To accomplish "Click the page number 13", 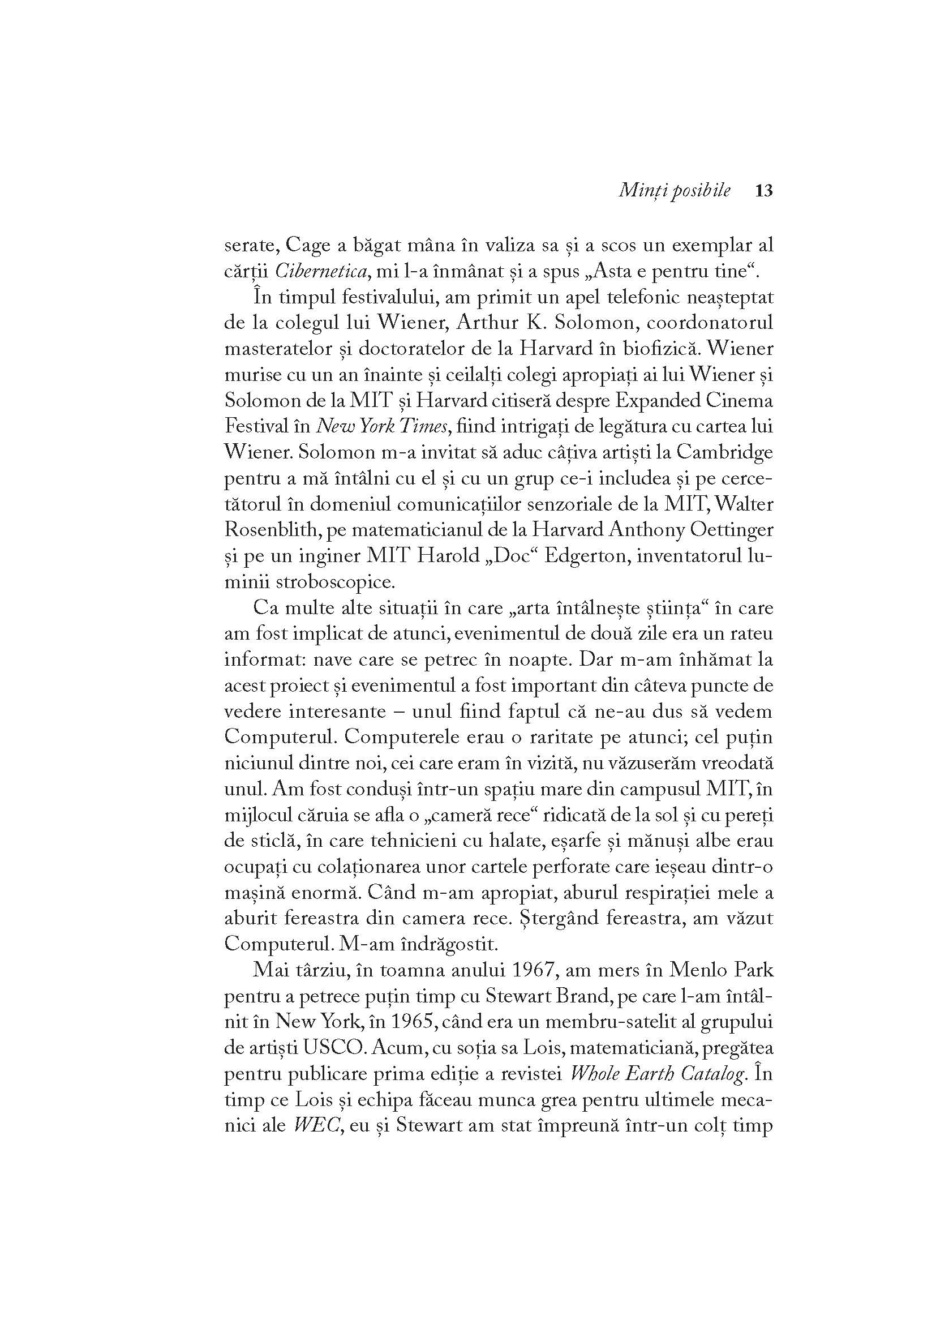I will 763,191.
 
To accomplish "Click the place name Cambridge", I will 724,453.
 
